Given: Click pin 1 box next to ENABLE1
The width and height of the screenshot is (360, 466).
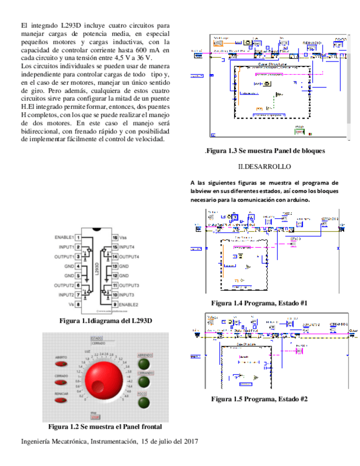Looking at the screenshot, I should coord(79,237).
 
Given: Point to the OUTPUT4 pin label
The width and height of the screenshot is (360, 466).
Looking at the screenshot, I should coord(130,257).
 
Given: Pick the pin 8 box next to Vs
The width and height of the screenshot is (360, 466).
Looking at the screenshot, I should coord(79,304).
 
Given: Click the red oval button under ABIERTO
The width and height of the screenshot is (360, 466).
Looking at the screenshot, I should coord(61,364).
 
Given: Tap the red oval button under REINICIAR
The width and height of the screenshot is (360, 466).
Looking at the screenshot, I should coord(61,400).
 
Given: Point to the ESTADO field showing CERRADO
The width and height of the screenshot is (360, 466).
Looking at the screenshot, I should coord(98,343).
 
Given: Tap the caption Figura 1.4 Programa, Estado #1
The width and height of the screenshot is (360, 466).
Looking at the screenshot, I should coord(259,303).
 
